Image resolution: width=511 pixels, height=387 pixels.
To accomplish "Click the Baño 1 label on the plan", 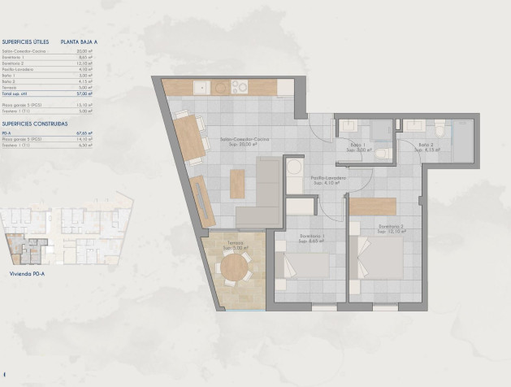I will coord(358,148).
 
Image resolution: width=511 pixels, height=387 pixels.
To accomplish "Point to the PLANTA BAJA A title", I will coord(79,40).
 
